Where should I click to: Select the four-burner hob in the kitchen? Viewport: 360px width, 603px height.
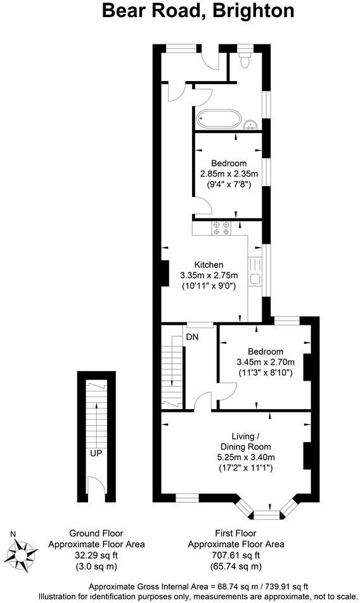click(x=221, y=228)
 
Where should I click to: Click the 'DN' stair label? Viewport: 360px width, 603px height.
click(x=192, y=337)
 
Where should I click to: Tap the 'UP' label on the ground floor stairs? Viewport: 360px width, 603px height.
click(x=96, y=454)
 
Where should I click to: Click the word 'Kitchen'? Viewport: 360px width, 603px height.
click(x=209, y=265)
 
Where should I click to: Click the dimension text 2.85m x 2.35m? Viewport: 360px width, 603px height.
click(x=225, y=174)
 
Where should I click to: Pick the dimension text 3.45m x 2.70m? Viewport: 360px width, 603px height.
click(x=264, y=362)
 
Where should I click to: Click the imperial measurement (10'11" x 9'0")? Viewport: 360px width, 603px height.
click(x=209, y=286)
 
